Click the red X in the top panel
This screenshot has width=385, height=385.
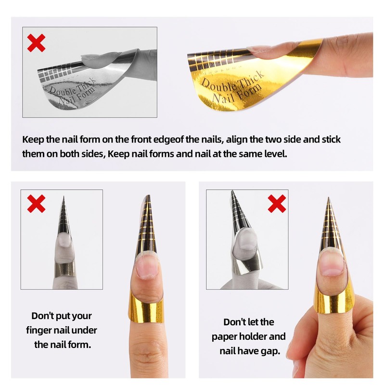tap(36, 43)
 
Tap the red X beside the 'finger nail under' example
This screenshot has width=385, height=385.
tap(36, 204)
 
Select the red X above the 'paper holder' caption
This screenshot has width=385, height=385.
tap(277, 204)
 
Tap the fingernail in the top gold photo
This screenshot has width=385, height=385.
tap(267, 49)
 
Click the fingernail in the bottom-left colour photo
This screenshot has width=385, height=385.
tap(147, 265)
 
